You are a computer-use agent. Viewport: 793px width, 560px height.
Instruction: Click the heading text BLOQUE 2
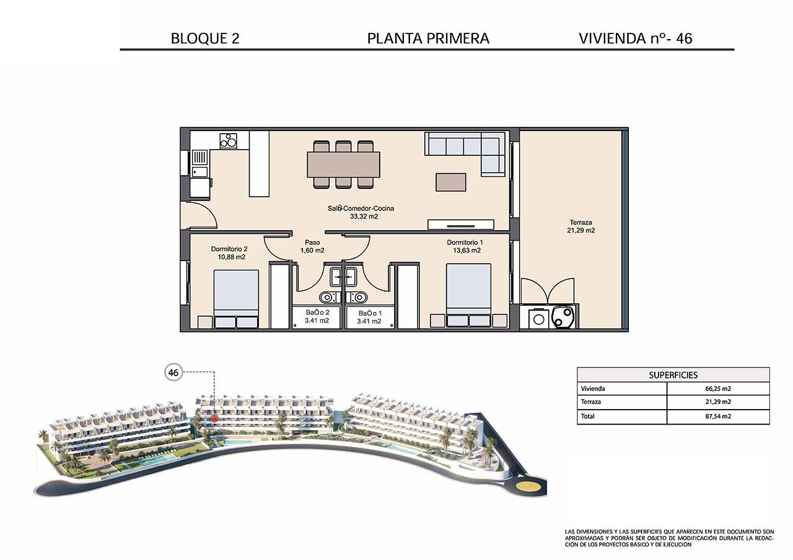click(x=204, y=38)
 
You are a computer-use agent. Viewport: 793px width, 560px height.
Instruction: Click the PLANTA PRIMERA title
click(x=428, y=38)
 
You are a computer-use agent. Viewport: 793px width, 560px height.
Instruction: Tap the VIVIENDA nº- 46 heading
click(x=635, y=38)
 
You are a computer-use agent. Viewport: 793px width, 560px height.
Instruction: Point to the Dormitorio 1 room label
click(x=465, y=246)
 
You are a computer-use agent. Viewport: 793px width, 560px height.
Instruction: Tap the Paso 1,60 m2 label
click(x=312, y=246)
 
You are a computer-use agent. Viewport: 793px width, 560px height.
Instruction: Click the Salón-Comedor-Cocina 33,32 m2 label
click(x=361, y=212)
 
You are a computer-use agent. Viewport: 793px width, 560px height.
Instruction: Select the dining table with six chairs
click(x=343, y=165)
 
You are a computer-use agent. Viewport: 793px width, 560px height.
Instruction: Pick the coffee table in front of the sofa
click(x=450, y=182)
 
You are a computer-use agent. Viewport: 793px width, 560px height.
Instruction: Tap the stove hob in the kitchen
click(x=228, y=140)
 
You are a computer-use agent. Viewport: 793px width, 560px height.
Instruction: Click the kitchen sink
click(x=199, y=172)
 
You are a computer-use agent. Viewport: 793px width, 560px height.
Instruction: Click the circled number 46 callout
click(x=173, y=373)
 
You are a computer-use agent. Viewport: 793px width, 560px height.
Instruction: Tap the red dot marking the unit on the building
click(x=214, y=418)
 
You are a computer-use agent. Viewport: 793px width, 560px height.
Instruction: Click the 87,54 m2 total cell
click(x=717, y=416)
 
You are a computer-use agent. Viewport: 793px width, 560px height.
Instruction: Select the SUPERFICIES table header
click(x=673, y=375)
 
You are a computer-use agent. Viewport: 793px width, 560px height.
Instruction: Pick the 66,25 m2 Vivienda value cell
click(x=717, y=389)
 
